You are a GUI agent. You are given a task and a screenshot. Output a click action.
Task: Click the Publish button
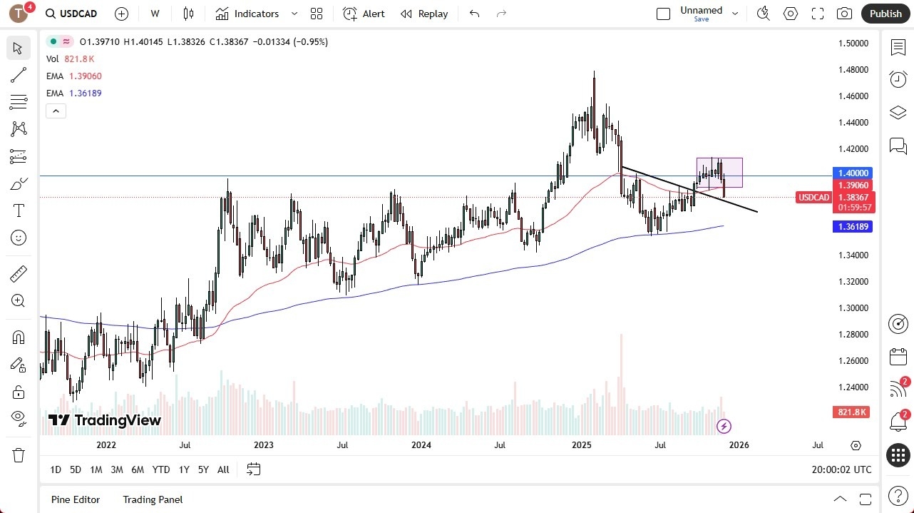click(x=885, y=14)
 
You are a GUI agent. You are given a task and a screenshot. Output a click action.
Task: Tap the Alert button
click(x=364, y=14)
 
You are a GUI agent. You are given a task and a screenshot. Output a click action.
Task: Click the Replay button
click(x=424, y=14)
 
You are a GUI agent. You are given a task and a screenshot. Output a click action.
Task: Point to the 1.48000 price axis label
click(x=853, y=70)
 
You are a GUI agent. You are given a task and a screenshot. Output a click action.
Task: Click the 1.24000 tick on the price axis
click(x=853, y=387)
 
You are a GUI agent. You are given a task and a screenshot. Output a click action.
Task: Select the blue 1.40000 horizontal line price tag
click(x=853, y=173)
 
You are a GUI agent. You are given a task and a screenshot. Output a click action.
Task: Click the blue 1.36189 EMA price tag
click(x=853, y=226)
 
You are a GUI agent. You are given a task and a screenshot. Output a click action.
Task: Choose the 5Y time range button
click(x=203, y=469)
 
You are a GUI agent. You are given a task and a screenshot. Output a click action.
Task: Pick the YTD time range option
click(x=161, y=469)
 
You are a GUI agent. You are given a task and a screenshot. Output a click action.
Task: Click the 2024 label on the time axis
click(x=421, y=445)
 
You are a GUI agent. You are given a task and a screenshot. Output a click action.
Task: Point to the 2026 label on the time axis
click(x=739, y=445)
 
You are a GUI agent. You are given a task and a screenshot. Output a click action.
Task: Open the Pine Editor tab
click(x=76, y=499)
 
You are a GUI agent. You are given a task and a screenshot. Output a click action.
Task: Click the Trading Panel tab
click(x=153, y=499)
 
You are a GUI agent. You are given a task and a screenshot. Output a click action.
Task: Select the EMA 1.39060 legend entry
click(x=74, y=76)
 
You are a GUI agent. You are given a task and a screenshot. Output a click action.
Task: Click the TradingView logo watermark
click(x=105, y=420)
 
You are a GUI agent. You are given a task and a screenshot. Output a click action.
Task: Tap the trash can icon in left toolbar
click(x=19, y=455)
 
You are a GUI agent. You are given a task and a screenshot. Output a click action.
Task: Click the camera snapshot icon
click(x=844, y=14)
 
